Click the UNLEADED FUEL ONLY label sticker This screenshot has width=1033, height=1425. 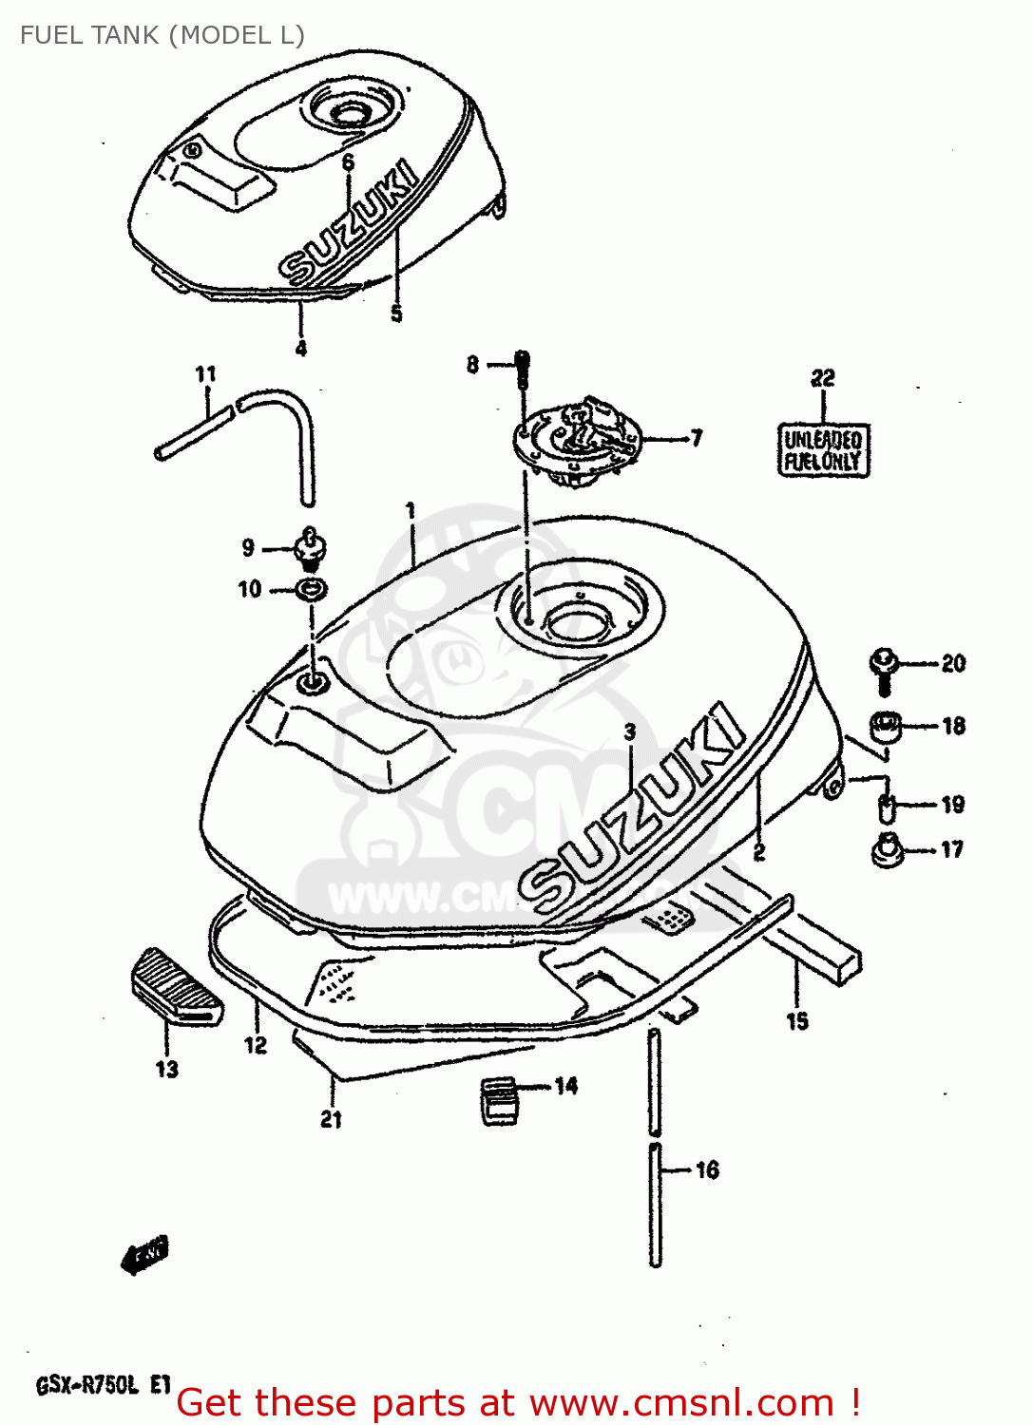click(x=823, y=450)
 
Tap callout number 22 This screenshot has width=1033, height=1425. click(x=823, y=378)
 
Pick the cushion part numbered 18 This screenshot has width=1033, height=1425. click(x=886, y=727)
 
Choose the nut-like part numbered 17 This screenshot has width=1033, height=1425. click(x=888, y=848)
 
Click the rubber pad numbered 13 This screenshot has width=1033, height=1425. click(x=176, y=986)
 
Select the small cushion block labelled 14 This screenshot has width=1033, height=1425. click(x=500, y=1099)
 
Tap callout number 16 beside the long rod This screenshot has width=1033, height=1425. click(x=707, y=1170)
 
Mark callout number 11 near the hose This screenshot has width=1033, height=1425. click(x=205, y=375)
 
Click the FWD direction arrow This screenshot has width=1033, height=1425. click(x=144, y=1255)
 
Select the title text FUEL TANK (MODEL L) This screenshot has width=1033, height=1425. click(x=162, y=36)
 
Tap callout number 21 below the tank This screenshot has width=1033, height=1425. click(x=331, y=1119)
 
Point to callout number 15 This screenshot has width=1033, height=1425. click(x=796, y=1021)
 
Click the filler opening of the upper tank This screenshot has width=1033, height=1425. click(x=350, y=114)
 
